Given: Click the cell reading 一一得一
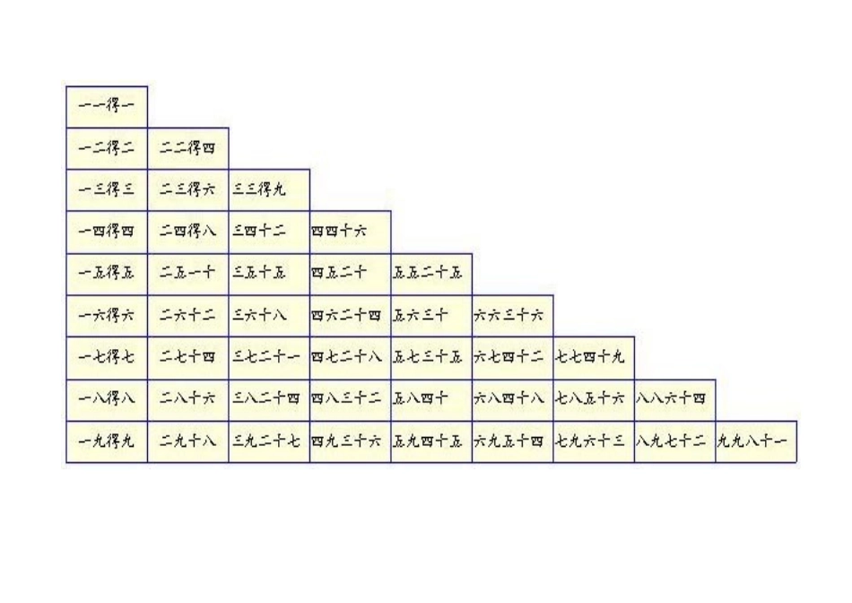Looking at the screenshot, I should click(107, 106).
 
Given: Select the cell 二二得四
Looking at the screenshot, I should click(187, 148).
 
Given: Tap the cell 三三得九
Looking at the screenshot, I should click(269, 190).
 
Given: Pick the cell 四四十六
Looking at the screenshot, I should click(350, 232).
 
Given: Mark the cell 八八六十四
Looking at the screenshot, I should click(674, 400).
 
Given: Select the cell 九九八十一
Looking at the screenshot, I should click(756, 442).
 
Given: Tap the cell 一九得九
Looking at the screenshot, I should click(107, 442).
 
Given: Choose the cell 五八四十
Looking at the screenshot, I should click(431, 400).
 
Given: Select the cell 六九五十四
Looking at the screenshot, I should click(512, 442).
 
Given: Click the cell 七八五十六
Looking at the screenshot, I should click(594, 400).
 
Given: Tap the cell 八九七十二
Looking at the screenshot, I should click(674, 442).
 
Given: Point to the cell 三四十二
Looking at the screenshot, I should click(269, 232).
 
